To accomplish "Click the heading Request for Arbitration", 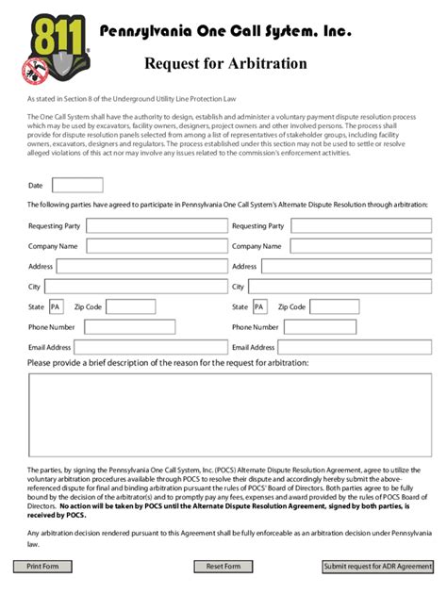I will [x=225, y=64].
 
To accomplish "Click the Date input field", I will [x=77, y=186].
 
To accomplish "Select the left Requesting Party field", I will [x=157, y=226].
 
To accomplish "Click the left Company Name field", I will [x=156, y=246].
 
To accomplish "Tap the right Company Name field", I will [x=359, y=246].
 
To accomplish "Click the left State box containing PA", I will [x=57, y=306].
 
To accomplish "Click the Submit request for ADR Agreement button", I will [x=377, y=567].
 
